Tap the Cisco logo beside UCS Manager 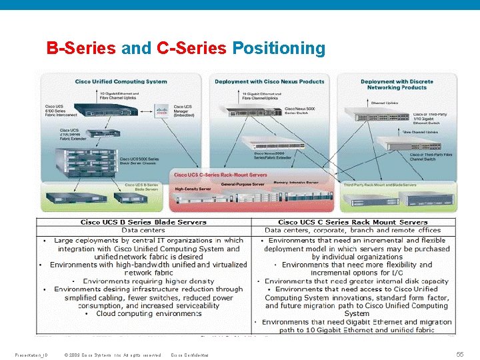click(161, 110)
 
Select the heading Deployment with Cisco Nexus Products click(269, 81)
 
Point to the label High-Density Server click(193, 189)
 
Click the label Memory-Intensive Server click(297, 182)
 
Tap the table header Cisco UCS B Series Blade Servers click(143, 222)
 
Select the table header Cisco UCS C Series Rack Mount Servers click(353, 222)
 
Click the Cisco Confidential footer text click(189, 354)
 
